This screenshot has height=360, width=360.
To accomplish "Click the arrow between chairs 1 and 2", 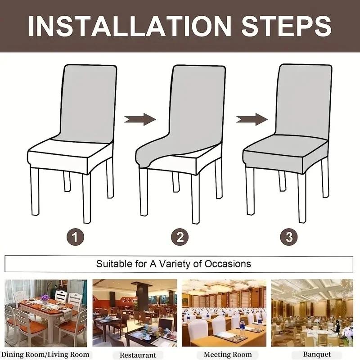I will tap(140, 119).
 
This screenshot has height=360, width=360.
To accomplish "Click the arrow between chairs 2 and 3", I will tap(252, 119).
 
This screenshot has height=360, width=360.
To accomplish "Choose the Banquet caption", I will tap(316, 355).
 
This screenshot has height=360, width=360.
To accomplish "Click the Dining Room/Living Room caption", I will tap(47, 355).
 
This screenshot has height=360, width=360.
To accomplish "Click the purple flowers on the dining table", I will tap(45, 297).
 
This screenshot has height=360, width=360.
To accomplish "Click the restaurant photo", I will tap(135, 313).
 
